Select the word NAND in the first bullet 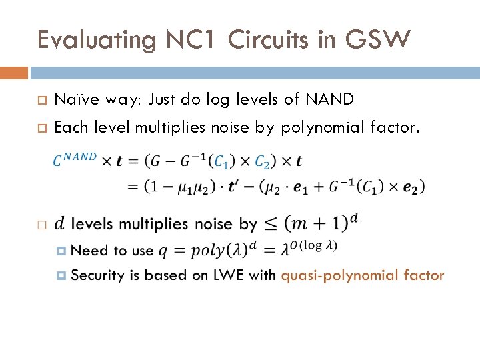(330, 100)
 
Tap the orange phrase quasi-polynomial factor (363, 275)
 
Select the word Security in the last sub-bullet (97, 275)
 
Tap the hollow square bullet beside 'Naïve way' (41, 101)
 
